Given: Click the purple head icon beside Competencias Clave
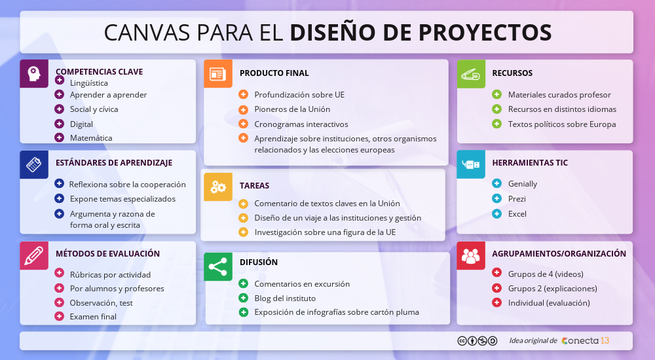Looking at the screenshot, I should click(x=34, y=73).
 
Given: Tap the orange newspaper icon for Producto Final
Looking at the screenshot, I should click(x=217, y=73).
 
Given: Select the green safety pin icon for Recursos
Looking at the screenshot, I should click(x=471, y=73).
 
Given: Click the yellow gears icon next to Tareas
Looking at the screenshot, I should click(x=217, y=187).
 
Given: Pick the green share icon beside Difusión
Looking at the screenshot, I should click(x=217, y=266).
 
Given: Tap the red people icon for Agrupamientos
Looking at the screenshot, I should click(x=471, y=255).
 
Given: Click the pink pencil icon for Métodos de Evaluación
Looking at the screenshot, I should click(x=34, y=255).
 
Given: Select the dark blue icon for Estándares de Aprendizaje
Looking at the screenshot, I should click(x=34, y=164).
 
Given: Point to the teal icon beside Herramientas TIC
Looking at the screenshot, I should click(x=471, y=164).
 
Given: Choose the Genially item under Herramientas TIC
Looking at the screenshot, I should click(x=522, y=184).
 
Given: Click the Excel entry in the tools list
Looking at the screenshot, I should click(x=517, y=214).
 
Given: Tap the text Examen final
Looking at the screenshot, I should click(x=93, y=317).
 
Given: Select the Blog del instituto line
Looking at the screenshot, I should click(x=285, y=298).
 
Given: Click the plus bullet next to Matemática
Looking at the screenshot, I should click(x=59, y=137).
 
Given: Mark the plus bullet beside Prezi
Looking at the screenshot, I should click(x=496, y=198).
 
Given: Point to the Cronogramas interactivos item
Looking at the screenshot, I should click(x=301, y=124).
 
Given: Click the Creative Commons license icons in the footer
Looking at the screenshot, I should click(x=477, y=340).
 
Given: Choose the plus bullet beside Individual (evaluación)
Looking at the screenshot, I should click(x=496, y=302).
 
